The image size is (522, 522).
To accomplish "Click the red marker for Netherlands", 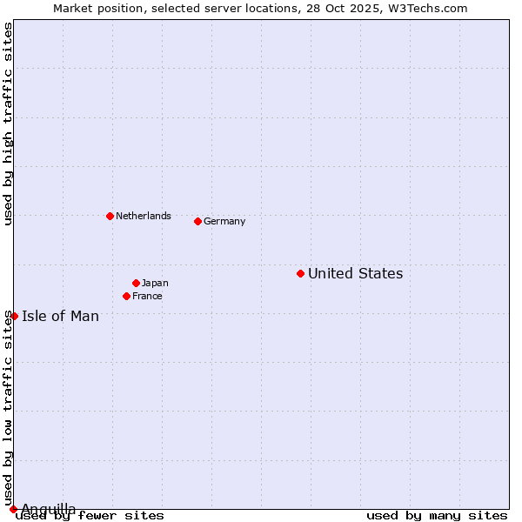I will click(110, 216).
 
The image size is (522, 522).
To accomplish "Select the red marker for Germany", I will click(197, 221).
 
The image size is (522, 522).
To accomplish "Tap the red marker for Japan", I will click(136, 283).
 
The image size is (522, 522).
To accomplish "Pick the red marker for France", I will click(126, 296).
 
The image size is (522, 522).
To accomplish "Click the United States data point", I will click(300, 273).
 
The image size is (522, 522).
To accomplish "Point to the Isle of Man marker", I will click(14, 316).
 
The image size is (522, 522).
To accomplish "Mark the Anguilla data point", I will click(13, 509).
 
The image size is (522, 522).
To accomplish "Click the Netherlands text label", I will click(144, 216).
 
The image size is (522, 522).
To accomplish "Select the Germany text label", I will click(224, 221).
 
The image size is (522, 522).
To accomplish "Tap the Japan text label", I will click(155, 283).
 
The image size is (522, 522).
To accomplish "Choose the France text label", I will click(147, 296).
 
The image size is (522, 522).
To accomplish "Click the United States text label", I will click(355, 273).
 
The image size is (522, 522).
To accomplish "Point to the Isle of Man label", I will click(60, 316).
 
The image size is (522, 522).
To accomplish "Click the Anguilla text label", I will click(49, 508).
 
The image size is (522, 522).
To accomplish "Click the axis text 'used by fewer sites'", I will click(90, 515).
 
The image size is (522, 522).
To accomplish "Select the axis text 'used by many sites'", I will click(437, 515).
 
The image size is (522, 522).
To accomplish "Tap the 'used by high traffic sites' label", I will click(8, 124).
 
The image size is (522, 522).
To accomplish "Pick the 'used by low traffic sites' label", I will click(8, 409).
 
